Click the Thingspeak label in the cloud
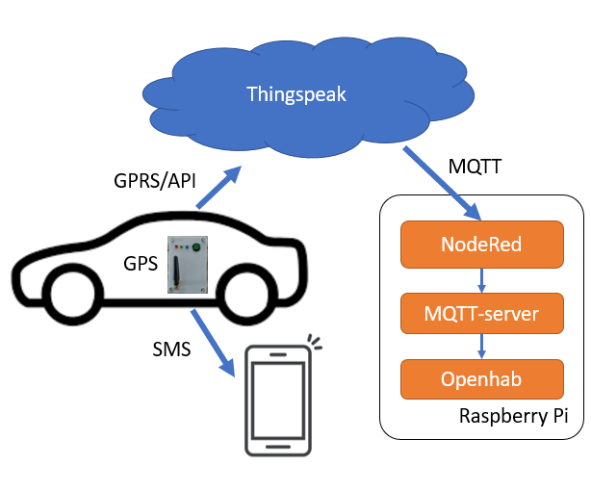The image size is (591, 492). [295, 94]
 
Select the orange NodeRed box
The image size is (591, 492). [480, 245]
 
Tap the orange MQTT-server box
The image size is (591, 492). [480, 312]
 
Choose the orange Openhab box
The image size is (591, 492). [480, 379]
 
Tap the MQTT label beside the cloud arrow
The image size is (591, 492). [474, 168]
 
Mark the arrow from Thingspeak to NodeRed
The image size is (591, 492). [442, 183]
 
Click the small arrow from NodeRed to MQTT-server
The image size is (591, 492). [480, 278]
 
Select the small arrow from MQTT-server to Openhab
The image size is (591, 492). [480, 346]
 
